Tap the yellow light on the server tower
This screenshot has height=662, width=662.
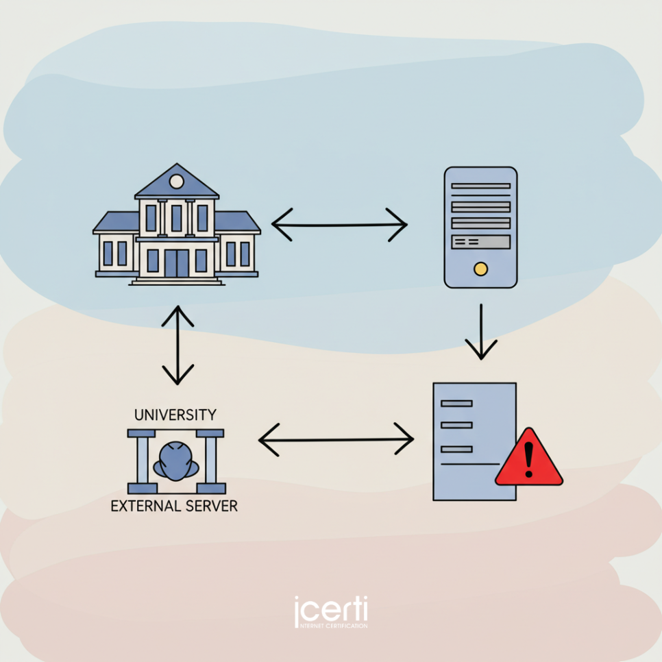pos(480,269)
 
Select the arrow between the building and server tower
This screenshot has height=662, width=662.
pos(340,224)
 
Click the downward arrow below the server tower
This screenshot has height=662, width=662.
pos(481,332)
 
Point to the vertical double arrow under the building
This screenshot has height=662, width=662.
pos(178,345)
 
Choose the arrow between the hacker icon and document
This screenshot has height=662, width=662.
pos(336,439)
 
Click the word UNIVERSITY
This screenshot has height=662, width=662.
pos(175,415)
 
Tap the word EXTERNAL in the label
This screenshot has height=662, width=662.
pos(144,506)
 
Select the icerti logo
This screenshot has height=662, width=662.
pos(330,610)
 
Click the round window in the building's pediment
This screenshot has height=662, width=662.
pos(177,182)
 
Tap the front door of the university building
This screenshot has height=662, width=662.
pos(177,263)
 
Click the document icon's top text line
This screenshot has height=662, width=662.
pos(457,404)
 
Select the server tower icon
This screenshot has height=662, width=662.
pos(480,227)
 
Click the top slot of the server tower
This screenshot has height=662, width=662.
pos(480,186)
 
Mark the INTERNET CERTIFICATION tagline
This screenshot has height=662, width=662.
pos(330,626)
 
